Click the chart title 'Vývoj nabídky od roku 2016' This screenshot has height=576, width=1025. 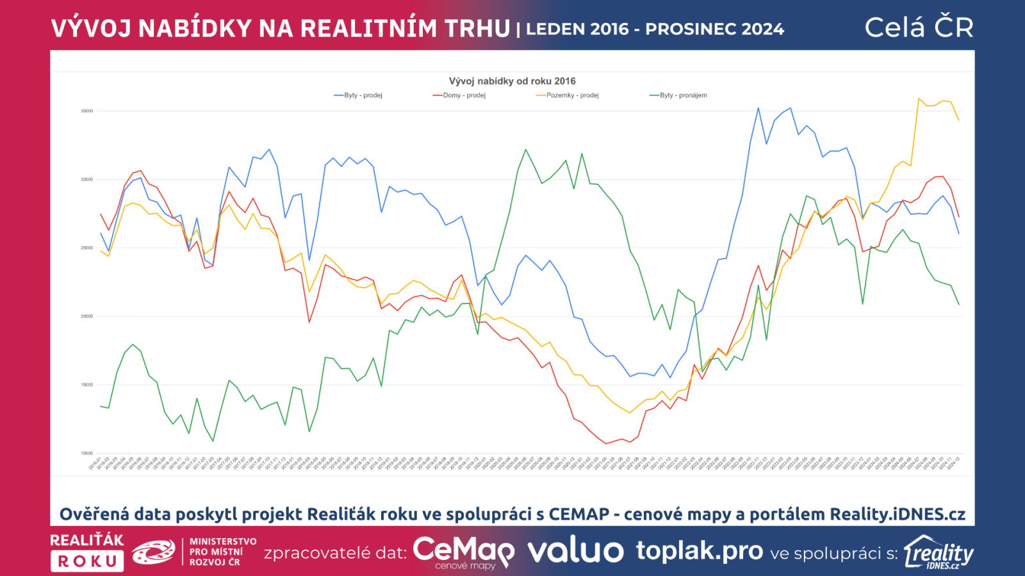coord(512,81)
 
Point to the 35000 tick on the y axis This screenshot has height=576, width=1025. coord(86,111)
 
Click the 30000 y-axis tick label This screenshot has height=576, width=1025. coord(86,180)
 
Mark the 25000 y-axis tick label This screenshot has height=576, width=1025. coord(86,248)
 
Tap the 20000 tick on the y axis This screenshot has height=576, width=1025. coord(86,317)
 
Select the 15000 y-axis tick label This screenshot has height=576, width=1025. coord(86,385)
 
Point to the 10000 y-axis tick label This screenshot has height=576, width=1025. coord(86,454)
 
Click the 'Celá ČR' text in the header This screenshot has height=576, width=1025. coord(919,28)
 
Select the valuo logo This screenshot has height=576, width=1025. coord(575,551)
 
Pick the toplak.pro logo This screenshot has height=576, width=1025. coord(699,550)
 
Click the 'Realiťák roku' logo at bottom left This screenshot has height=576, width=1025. coord(87,552)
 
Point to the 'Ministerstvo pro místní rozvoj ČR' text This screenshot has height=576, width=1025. coord(222,552)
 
